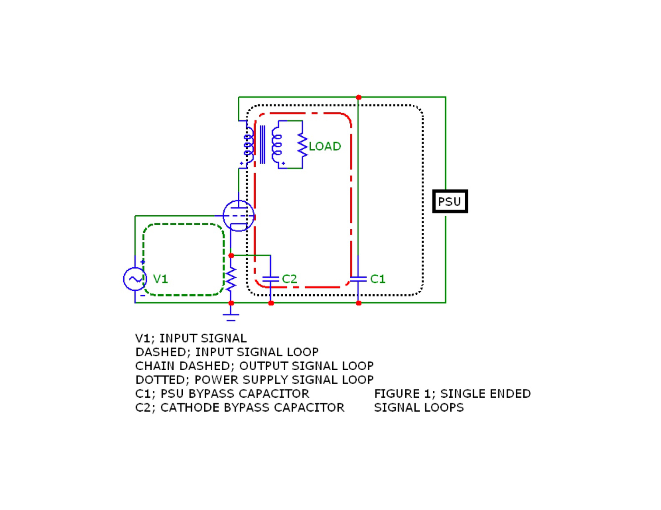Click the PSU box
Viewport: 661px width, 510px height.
tap(450, 201)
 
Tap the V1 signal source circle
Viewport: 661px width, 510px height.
tap(135, 279)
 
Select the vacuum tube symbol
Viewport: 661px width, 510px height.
tap(238, 215)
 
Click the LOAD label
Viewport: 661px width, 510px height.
tap(325, 146)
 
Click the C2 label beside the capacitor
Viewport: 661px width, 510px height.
tap(289, 279)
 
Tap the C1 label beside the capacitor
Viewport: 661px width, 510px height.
tap(378, 279)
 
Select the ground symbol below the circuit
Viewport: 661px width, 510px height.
tap(231, 317)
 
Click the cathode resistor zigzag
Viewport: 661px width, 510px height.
tap(231, 279)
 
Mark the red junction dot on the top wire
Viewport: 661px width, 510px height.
tap(358, 97)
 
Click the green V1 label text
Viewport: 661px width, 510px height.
tap(160, 279)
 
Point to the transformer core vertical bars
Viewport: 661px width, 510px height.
tap(262, 145)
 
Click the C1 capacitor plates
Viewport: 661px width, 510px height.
tap(358, 279)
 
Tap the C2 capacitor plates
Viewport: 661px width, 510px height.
tap(271, 279)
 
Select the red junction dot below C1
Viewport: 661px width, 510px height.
tap(358, 303)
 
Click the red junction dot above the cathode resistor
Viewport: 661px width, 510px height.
tap(231, 255)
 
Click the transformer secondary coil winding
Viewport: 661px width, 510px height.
tap(276, 145)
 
